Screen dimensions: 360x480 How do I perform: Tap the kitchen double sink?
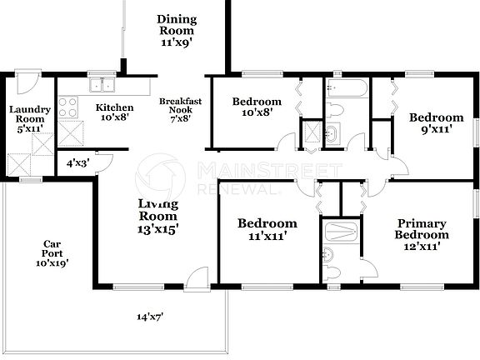point(104,84)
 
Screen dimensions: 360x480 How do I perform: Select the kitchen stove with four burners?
point(67,107)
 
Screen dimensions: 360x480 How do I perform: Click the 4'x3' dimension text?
point(77,164)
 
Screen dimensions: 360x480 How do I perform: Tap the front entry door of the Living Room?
point(197,278)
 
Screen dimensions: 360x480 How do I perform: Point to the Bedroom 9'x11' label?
point(436,123)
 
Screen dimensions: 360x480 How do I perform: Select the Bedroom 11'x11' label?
point(267,230)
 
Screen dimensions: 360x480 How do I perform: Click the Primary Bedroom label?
point(421,234)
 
